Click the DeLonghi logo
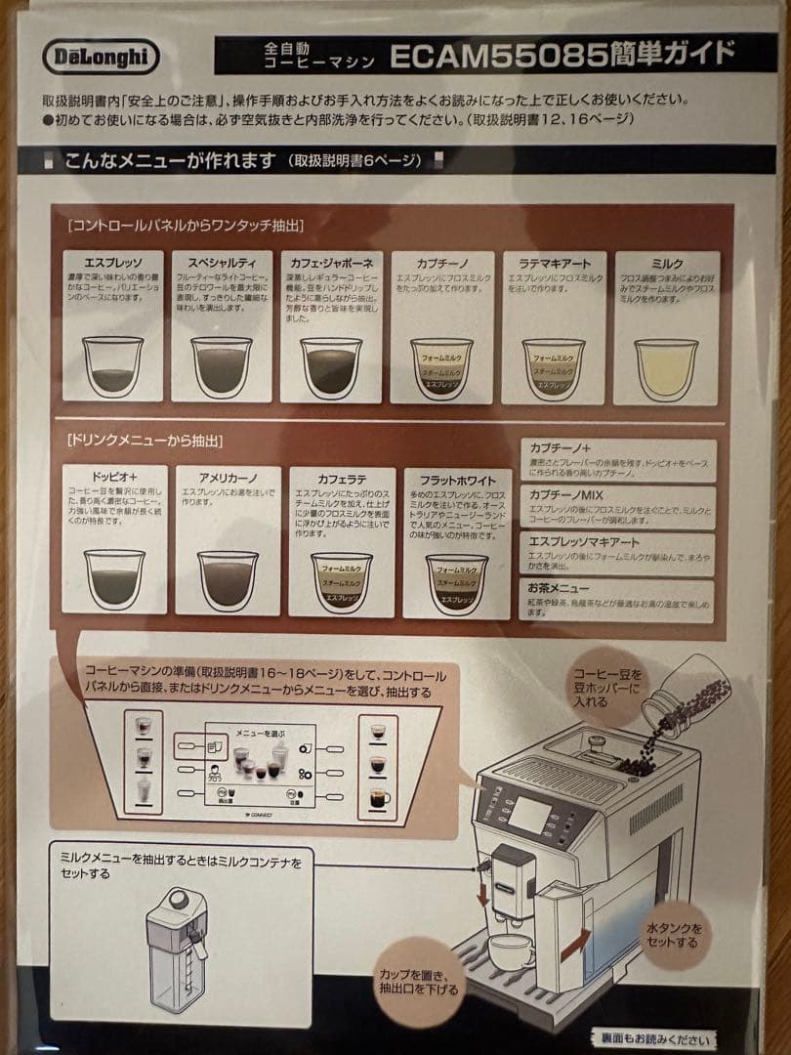point(101,56)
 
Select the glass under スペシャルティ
point(222,366)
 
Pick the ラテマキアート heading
point(554,264)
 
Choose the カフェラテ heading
point(342,480)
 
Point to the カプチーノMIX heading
point(566,494)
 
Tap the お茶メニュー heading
point(559,588)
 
